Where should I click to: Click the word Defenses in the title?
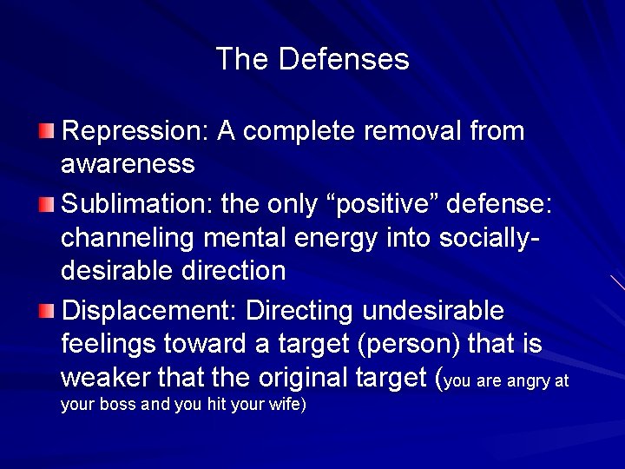pyautogui.click(x=345, y=60)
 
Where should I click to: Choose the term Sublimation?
pyautogui.click(x=142, y=205)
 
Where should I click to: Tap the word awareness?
pyautogui.click(x=128, y=162)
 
